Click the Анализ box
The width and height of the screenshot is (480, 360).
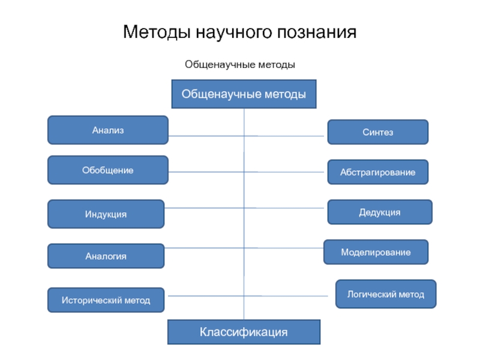tap(108, 130)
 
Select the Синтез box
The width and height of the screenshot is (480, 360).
tap(378, 132)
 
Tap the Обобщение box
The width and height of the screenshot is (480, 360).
tap(108, 170)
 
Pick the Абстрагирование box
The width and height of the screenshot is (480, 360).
tap(378, 172)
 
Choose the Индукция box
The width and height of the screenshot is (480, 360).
tap(106, 214)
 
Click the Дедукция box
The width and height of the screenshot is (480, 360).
tap(380, 212)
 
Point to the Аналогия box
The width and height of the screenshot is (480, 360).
tap(106, 256)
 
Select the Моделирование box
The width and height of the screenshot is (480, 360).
tap(376, 252)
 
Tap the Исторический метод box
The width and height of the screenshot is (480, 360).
tap(106, 300)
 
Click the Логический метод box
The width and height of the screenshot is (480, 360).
tap(386, 294)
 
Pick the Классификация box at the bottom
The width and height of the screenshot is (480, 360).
tap(244, 332)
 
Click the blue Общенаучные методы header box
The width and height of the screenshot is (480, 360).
tap(244, 94)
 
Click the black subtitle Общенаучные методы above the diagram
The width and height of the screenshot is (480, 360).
tap(240, 65)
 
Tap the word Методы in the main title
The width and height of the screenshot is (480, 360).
tap(157, 32)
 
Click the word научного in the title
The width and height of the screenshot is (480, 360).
tap(234, 32)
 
